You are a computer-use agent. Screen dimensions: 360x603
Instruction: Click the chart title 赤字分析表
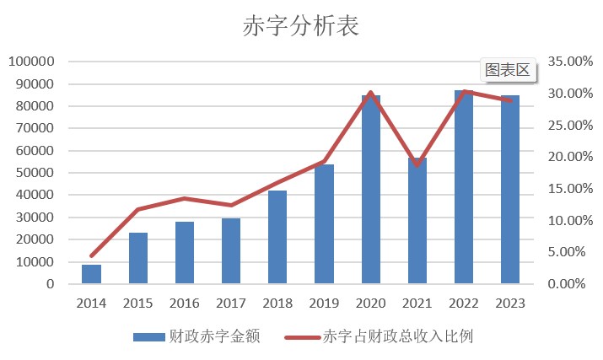[301, 26]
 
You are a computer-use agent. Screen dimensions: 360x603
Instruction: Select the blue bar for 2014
[92, 274]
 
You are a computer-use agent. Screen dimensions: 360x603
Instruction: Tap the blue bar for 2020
[371, 190]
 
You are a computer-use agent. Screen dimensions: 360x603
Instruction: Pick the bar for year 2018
[277, 237]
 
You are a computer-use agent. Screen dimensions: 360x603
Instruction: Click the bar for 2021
[417, 221]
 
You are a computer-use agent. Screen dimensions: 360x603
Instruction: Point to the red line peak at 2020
[371, 93]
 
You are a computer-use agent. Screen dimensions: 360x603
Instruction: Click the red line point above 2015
[138, 209]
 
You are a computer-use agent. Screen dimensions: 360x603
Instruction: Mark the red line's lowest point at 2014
[92, 255]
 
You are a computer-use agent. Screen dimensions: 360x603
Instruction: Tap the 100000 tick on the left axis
[32, 62]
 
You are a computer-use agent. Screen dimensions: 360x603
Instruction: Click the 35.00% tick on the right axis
[565, 62]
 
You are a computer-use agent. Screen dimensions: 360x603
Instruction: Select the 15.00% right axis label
[565, 189]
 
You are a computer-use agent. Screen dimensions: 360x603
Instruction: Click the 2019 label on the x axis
[324, 303]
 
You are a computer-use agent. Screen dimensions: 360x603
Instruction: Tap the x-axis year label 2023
[509, 303]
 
